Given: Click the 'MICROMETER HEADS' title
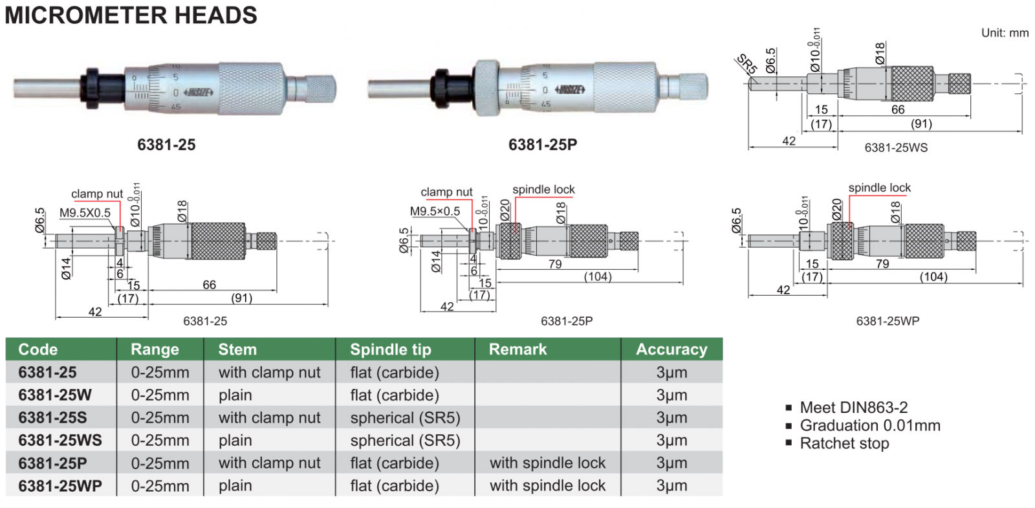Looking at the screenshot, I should coord(131,15).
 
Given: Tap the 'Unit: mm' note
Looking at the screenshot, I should coord(1004,33).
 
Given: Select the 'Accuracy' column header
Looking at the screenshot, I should coord(671,349).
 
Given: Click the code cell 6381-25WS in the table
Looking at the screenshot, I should coord(60,441).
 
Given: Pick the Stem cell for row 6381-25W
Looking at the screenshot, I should coord(235,395).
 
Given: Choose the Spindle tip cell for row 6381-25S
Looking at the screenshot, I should coord(405,418).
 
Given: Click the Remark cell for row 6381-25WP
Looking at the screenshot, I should coord(547,486).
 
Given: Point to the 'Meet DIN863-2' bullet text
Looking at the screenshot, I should coord(853,408).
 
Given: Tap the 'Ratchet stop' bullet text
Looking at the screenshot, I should coord(844,443).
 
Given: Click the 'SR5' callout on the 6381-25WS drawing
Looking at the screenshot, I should coord(746,64).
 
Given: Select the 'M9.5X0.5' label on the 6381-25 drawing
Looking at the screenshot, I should coord(85,213).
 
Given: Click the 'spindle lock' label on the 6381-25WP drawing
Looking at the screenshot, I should coord(879,188).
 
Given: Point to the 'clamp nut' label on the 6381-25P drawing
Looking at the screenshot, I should coord(446,192).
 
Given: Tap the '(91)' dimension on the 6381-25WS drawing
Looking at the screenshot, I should coord(921,124).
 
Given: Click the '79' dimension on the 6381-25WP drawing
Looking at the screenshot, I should coord(882,264).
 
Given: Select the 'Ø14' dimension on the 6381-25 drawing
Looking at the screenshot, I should coord(66,268).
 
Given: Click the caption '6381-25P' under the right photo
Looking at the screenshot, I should coord(542,145).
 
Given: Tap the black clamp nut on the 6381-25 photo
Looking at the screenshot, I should coord(91,88).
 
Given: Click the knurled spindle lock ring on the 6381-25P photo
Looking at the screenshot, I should coord(486,88).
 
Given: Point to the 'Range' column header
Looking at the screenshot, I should coord(155,349).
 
